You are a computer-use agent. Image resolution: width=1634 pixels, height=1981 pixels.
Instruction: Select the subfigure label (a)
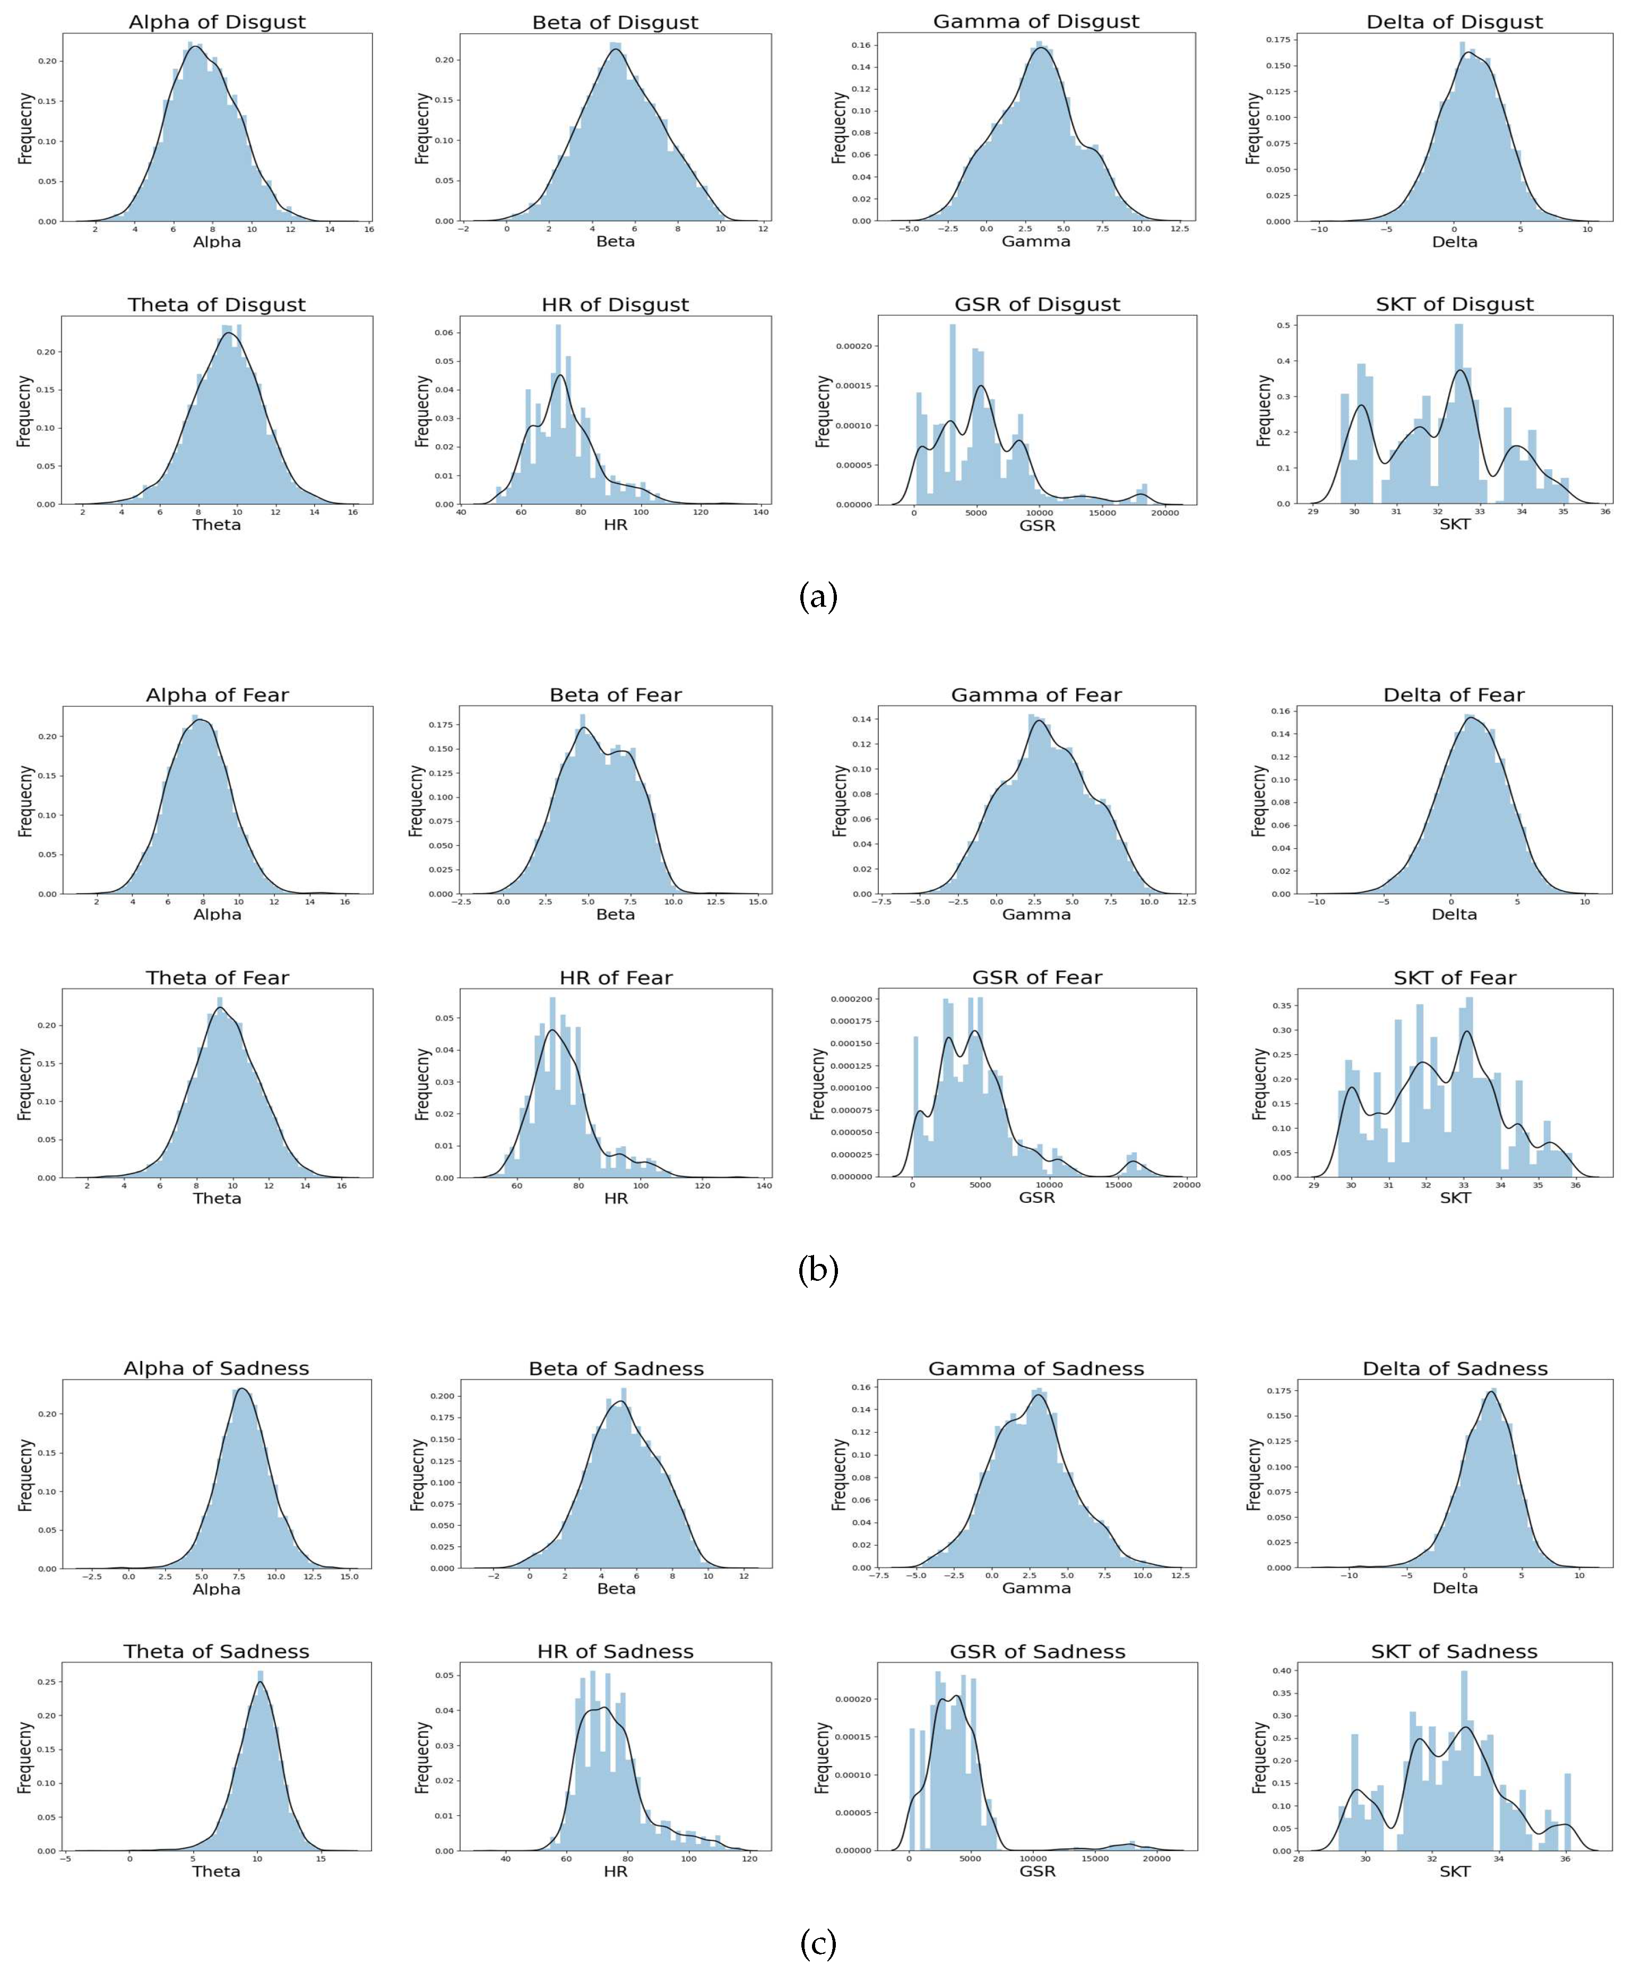[x=817, y=597]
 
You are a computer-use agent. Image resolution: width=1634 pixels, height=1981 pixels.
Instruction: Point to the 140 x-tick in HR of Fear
[x=763, y=1185]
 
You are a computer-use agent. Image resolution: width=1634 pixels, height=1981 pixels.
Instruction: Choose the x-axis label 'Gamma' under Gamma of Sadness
[x=1036, y=1588]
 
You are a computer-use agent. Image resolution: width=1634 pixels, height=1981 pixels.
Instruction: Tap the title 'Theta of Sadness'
[x=217, y=1651]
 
